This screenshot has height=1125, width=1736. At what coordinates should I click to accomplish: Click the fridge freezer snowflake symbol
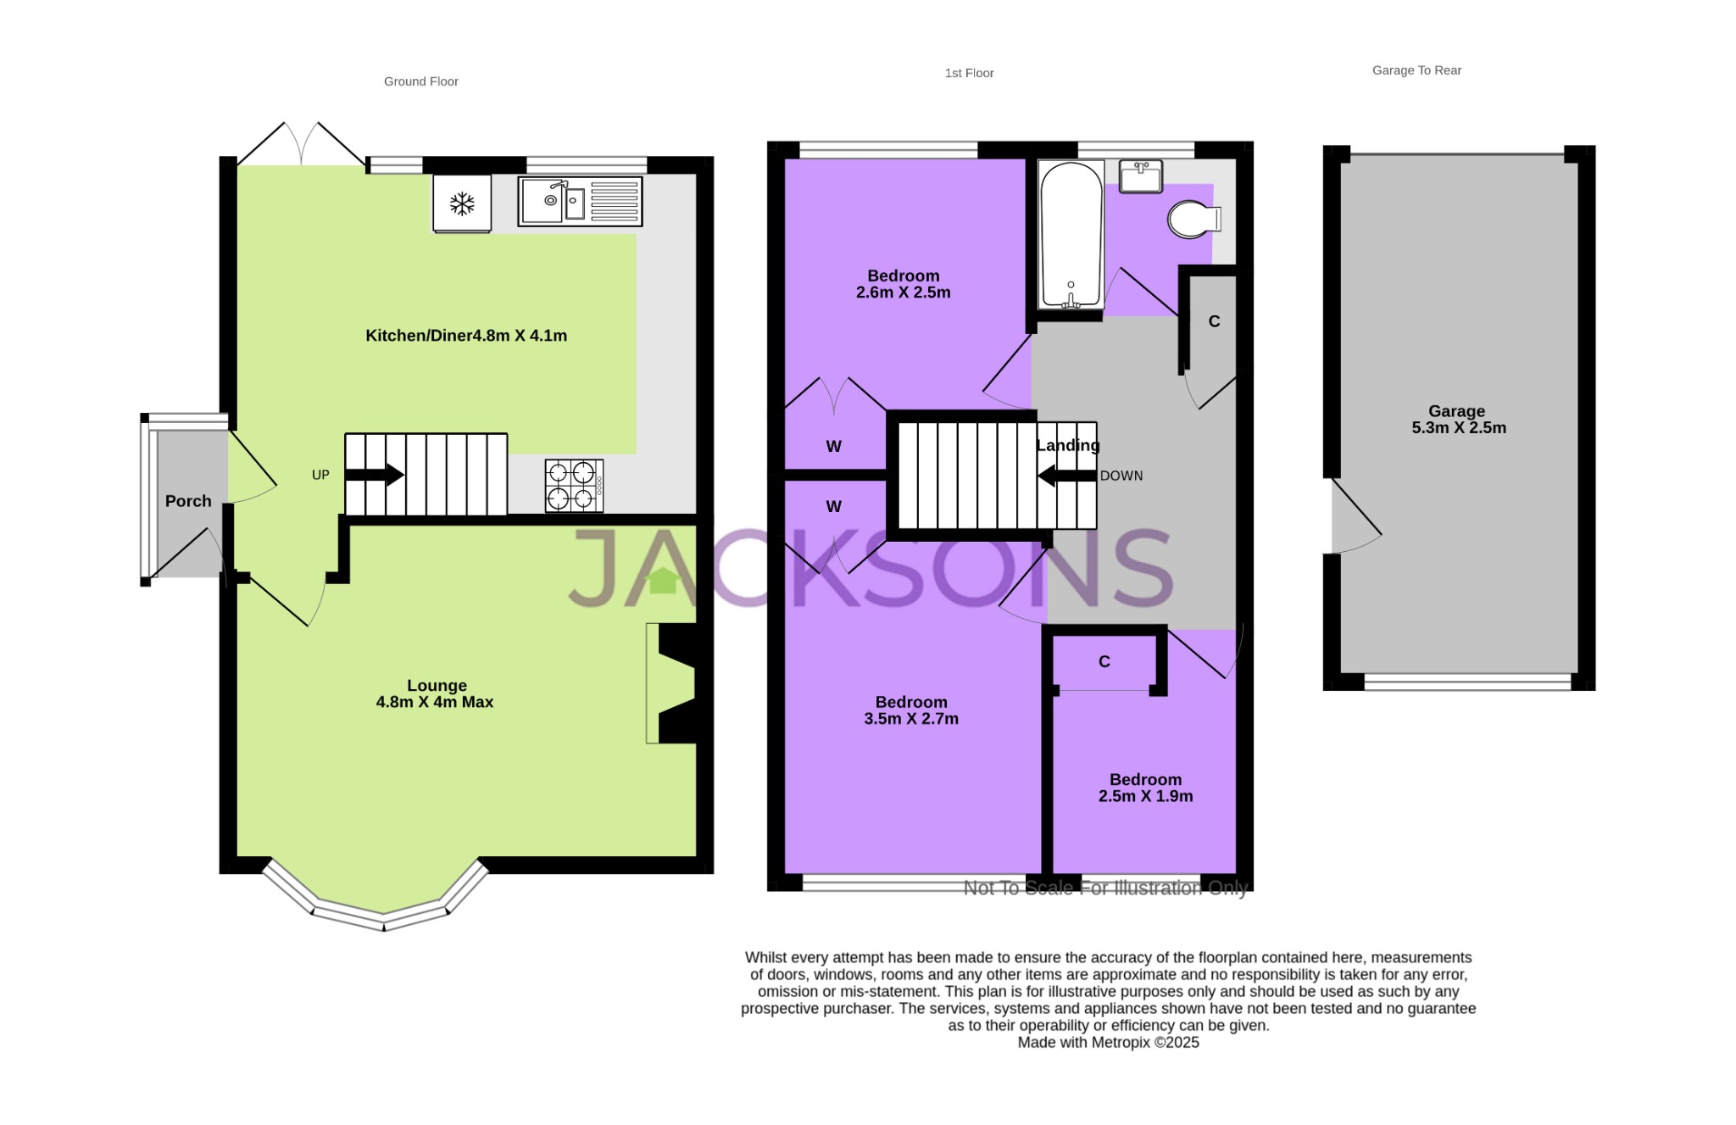[462, 203]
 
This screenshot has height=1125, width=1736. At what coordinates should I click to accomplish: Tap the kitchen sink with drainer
[580, 202]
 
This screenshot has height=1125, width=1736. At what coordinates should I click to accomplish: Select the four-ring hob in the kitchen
[574, 486]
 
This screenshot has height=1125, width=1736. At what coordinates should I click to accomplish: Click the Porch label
[188, 501]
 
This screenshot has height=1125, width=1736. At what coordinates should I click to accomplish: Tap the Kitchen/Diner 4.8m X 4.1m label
[466, 336]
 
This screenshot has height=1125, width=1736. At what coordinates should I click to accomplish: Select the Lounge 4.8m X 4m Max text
[435, 693]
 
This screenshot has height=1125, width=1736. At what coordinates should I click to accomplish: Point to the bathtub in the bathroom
[1071, 233]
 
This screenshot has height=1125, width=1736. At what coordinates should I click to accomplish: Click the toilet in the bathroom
[1193, 220]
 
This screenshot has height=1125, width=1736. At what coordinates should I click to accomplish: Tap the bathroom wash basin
[1140, 176]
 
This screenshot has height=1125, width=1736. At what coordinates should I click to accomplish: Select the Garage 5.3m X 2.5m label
[1458, 420]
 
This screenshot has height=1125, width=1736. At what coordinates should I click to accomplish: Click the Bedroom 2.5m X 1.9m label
[1145, 788]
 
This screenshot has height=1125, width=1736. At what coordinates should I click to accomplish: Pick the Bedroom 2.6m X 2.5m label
[903, 284]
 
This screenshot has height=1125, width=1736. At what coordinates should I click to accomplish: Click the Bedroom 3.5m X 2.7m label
[911, 710]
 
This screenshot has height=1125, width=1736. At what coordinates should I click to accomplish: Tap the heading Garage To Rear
[1416, 70]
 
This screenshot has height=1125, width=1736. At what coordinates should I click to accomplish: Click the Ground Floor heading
[420, 81]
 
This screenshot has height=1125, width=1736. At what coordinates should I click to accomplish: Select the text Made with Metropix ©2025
[1108, 1043]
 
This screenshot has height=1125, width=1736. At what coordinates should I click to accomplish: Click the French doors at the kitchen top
[302, 144]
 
